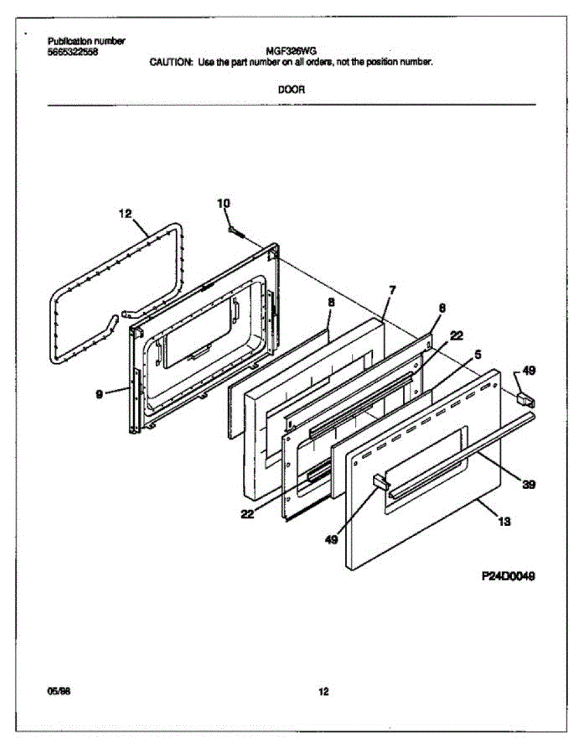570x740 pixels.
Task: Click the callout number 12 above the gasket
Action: point(125,214)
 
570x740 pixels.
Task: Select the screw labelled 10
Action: point(236,232)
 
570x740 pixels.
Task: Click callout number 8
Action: point(331,303)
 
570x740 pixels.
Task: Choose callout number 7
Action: point(392,289)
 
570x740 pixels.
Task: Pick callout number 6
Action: point(442,307)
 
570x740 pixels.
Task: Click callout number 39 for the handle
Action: point(528,485)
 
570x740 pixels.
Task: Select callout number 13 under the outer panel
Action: point(503,522)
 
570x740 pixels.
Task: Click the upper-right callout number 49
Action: point(529,371)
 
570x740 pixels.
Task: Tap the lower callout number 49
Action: point(331,540)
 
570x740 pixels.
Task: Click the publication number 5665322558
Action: point(72,51)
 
